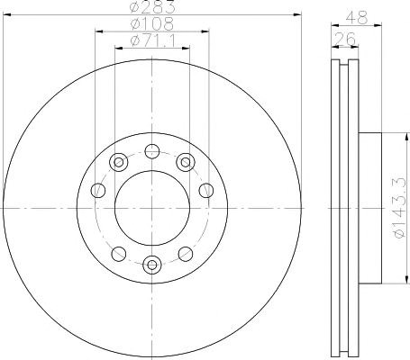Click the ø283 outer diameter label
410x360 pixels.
point(152,7)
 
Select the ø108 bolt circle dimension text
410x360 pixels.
point(152,24)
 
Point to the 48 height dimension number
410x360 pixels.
point(357,17)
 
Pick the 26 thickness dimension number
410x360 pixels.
point(345,39)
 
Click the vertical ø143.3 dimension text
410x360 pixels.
point(400,208)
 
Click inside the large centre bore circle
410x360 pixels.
point(152,208)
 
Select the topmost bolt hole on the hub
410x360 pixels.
point(152,151)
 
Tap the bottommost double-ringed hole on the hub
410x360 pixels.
point(152,265)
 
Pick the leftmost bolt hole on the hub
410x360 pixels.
point(98,190)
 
